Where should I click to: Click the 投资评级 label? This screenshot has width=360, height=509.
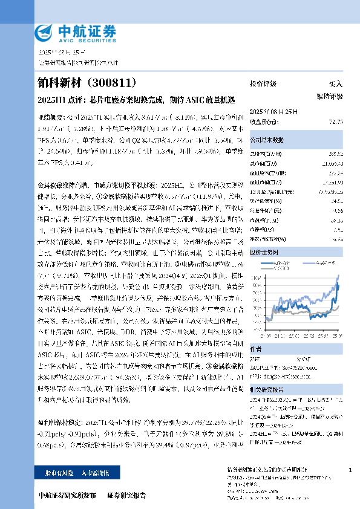click(x=263, y=83)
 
